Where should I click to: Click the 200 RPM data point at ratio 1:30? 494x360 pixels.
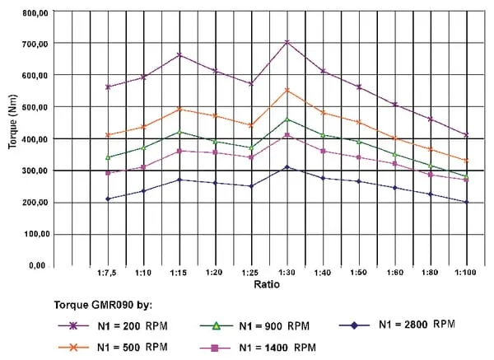pyautogui.click(x=287, y=42)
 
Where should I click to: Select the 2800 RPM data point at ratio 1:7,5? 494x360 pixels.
pyautogui.click(x=108, y=199)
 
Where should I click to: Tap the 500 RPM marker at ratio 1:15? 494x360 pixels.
pyautogui.click(x=179, y=109)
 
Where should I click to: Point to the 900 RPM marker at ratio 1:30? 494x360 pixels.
pyautogui.click(x=287, y=119)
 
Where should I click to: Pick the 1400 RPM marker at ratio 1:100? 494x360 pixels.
pyautogui.click(x=466, y=179)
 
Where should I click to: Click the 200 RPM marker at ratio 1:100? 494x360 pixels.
pyautogui.click(x=466, y=135)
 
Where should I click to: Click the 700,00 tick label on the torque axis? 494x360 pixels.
pyautogui.click(x=34, y=43)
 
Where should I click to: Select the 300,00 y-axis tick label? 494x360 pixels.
pyautogui.click(x=34, y=171)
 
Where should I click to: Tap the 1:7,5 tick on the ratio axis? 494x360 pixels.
pyautogui.click(x=108, y=271)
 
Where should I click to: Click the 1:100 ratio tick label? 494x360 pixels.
pyautogui.click(x=466, y=271)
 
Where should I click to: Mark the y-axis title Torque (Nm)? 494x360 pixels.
pyautogui.click(x=12, y=131)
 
